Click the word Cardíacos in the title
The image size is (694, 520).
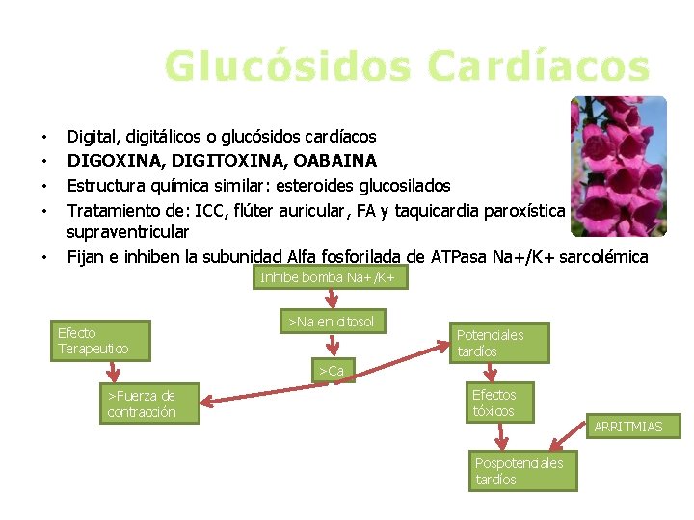[539, 65]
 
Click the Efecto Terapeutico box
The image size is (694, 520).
[93, 341]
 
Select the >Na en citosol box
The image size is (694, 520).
[331, 321]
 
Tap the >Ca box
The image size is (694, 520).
[332, 371]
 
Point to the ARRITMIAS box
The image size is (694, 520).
[627, 426]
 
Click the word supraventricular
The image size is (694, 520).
[127, 232]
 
